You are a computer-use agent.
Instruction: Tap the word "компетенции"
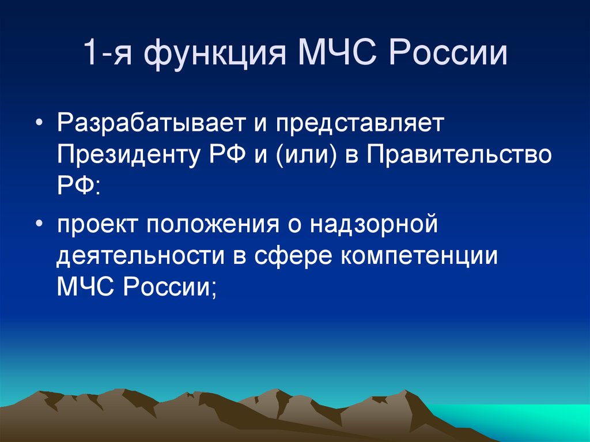tap(419, 255)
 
